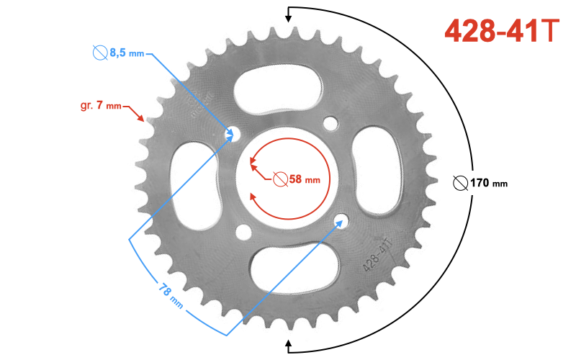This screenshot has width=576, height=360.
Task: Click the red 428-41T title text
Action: [501, 31]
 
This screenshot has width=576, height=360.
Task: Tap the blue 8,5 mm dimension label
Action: [127, 53]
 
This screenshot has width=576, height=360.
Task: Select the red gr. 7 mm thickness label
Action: [101, 106]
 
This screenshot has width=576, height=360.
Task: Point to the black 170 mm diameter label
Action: [489, 183]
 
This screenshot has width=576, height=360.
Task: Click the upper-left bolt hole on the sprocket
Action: [232, 133]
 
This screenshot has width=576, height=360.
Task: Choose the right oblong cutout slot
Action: [379, 170]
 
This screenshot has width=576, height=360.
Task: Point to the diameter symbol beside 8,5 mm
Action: [99, 53]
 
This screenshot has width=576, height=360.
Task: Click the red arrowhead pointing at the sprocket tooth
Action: [141, 118]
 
